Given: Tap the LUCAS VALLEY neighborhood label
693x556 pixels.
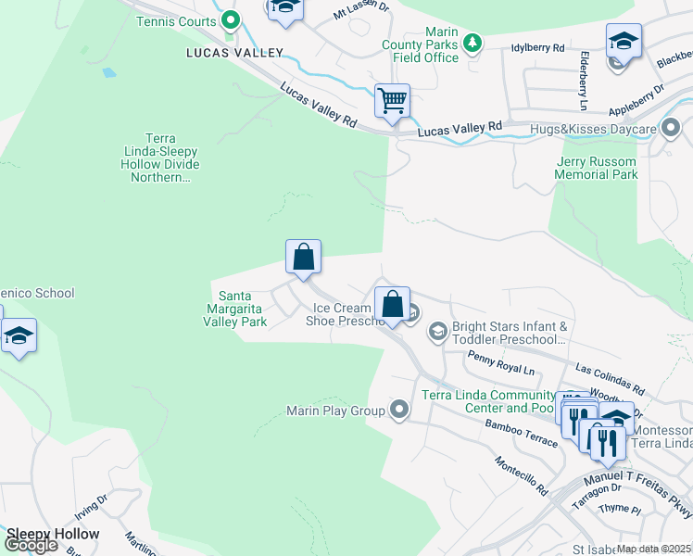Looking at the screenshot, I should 234,53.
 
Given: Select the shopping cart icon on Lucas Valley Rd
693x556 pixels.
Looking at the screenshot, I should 392,100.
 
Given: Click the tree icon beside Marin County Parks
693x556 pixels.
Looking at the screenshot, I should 473,42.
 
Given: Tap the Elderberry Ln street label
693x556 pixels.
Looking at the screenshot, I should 585,70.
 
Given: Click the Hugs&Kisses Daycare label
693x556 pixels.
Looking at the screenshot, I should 606,130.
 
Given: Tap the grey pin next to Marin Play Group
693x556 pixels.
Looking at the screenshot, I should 399,409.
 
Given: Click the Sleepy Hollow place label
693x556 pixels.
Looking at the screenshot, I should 53,534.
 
